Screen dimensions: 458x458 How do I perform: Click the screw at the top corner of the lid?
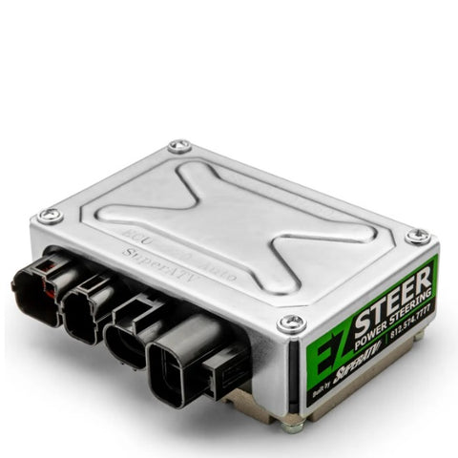(178, 147)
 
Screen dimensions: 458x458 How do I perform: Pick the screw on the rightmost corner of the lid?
(416, 236)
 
